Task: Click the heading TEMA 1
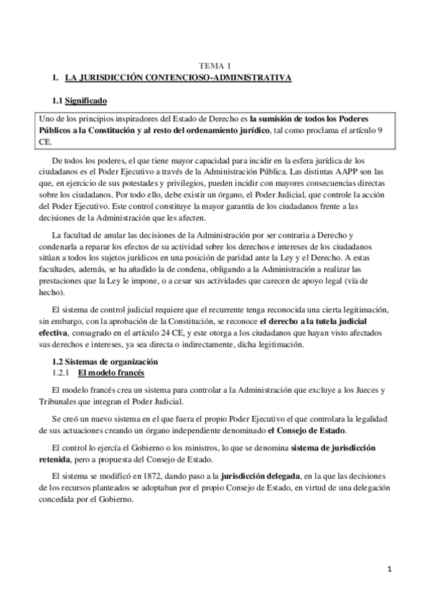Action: tap(214, 65)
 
